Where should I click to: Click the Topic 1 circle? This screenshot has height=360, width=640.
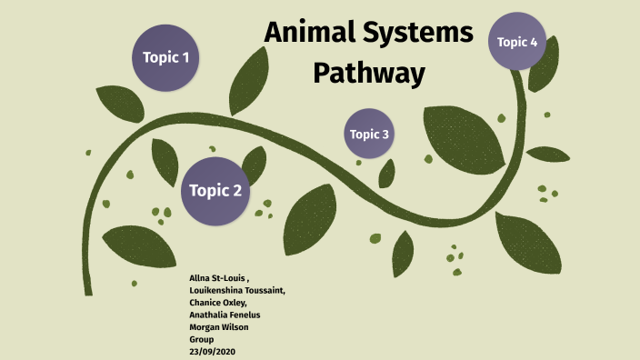(165, 57)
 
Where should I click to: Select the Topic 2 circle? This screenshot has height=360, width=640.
(215, 191)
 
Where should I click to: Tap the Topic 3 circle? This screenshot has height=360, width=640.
(369, 135)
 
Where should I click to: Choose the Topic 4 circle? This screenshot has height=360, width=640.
(517, 42)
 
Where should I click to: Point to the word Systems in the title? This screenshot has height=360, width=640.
(423, 35)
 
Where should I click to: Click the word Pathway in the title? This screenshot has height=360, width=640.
(369, 72)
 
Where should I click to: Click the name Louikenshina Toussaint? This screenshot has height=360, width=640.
(236, 289)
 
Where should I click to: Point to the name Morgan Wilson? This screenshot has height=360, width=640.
(219, 325)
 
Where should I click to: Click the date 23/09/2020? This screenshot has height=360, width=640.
(212, 350)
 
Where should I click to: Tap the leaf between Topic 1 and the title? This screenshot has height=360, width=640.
(248, 80)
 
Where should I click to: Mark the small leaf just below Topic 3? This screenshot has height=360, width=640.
(387, 173)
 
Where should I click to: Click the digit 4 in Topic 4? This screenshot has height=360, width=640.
(534, 42)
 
